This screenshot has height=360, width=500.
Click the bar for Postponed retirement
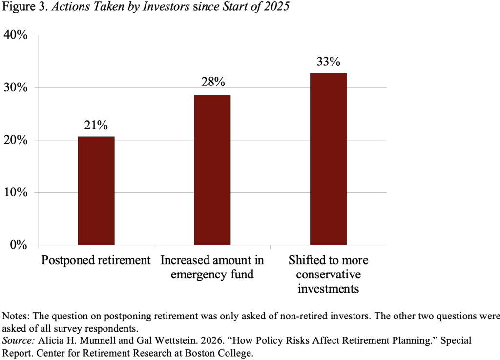tap(96, 191)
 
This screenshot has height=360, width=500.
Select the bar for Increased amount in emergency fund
tap(212, 170)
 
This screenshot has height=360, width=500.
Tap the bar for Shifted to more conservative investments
tap(328, 159)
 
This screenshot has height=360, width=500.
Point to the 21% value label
tap(96, 125)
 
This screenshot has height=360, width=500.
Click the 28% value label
tap(212, 83)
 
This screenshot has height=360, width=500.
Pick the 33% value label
tap(328, 62)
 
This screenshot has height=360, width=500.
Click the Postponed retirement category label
tap(96, 260)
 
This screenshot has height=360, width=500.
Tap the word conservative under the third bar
tap(328, 274)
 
